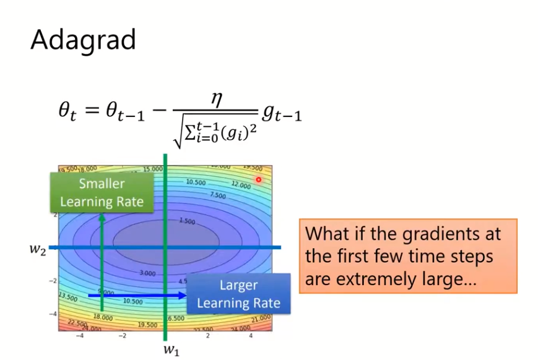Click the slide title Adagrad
tap(83, 40)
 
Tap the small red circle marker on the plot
tap(259, 179)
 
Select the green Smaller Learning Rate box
tap(102, 192)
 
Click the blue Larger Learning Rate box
tap(238, 294)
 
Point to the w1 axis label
tap(171, 349)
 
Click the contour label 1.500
tap(186, 221)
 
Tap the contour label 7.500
tap(217, 195)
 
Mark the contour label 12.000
tap(241, 184)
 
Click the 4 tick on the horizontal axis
tap(251, 335)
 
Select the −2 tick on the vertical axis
tap(53, 280)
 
